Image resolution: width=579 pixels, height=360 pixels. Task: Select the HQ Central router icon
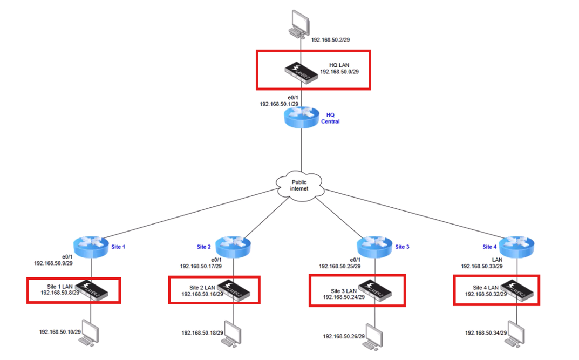(x=301, y=116)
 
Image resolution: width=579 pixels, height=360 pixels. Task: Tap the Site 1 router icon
(x=91, y=248)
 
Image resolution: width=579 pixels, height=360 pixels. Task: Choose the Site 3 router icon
(x=376, y=248)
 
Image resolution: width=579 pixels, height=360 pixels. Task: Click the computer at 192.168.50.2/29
(x=300, y=23)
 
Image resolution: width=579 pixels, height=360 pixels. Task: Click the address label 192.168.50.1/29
(x=279, y=104)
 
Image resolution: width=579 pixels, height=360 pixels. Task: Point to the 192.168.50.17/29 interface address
(x=200, y=266)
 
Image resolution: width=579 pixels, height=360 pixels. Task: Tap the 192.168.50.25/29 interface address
(x=339, y=266)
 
